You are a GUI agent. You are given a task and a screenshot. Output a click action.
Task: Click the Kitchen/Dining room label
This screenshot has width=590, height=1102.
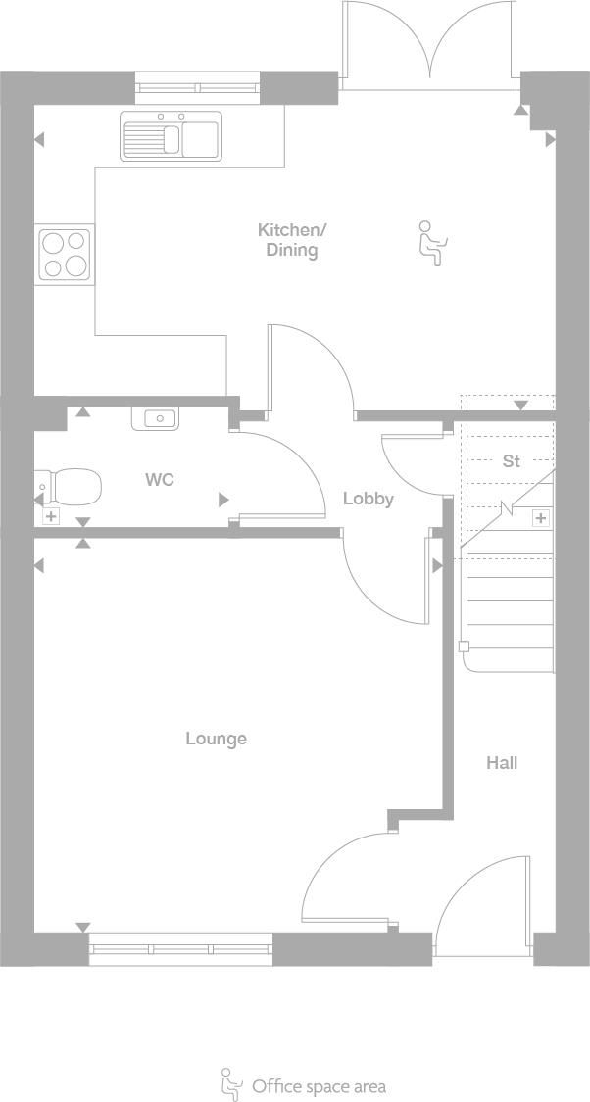click(x=291, y=240)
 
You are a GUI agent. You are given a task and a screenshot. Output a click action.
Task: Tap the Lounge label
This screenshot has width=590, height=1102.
click(x=216, y=739)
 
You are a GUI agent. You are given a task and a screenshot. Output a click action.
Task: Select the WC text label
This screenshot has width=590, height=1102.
click(x=160, y=480)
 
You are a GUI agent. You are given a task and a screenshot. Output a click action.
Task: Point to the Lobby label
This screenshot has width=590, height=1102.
click(x=368, y=499)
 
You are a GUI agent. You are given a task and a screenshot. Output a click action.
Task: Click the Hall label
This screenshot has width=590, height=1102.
click(x=502, y=763)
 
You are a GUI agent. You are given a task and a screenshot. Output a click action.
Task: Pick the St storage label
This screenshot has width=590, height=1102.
click(x=511, y=460)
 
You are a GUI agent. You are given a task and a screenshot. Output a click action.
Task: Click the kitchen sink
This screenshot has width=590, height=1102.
click(x=172, y=136)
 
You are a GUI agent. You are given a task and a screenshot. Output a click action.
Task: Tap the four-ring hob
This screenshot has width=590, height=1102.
click(x=65, y=254)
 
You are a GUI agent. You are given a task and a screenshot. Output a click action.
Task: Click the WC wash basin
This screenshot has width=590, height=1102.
click(x=156, y=419)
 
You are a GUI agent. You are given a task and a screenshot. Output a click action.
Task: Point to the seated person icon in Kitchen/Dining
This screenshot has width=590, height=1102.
click(x=429, y=243)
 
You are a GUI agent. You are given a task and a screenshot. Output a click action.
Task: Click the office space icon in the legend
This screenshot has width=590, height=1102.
click(x=231, y=1083)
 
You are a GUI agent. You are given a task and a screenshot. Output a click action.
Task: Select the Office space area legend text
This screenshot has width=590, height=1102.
click(x=319, y=1085)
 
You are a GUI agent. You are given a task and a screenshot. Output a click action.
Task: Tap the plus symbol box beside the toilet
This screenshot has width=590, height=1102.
click(x=51, y=515)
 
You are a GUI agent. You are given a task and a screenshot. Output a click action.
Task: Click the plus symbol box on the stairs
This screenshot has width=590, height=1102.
click(x=540, y=517)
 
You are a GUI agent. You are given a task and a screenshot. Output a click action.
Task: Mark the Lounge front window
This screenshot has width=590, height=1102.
click(x=180, y=948)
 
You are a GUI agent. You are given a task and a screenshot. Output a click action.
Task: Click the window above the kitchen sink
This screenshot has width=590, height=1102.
click(x=196, y=88)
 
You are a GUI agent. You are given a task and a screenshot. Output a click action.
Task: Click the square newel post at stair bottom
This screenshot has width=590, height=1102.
click(x=464, y=647)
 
